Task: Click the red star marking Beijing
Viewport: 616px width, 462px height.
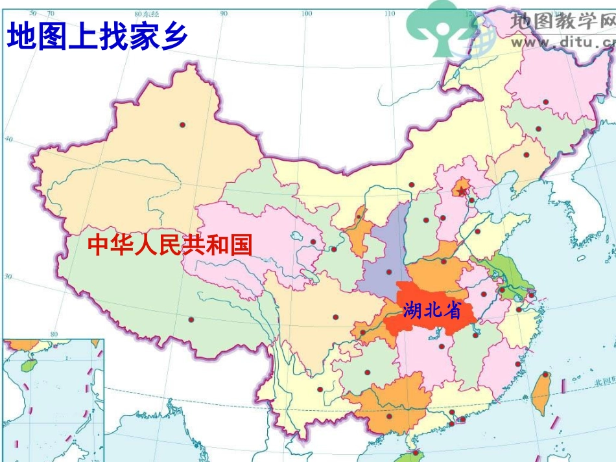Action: (460, 191)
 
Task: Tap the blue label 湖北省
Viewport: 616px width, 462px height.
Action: (431, 311)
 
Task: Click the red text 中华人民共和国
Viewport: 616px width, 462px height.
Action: (169, 245)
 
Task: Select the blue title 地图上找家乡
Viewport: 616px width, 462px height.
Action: (97, 36)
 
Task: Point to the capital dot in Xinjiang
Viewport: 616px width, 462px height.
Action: (183, 124)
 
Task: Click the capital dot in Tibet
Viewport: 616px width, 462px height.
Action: (191, 319)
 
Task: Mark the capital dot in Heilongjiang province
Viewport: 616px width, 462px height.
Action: (546, 102)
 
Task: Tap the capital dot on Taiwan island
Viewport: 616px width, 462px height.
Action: (545, 375)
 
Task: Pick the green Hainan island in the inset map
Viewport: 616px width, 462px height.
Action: (27, 366)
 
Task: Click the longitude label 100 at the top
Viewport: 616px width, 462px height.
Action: (307, 14)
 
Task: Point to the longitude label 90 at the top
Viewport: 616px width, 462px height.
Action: (224, 14)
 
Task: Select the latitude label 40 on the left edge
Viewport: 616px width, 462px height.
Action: (9, 139)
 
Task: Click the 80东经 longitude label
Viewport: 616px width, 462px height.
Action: (146, 14)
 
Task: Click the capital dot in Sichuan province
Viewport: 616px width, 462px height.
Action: (335, 317)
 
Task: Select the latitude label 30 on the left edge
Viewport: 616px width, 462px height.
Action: (8, 277)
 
